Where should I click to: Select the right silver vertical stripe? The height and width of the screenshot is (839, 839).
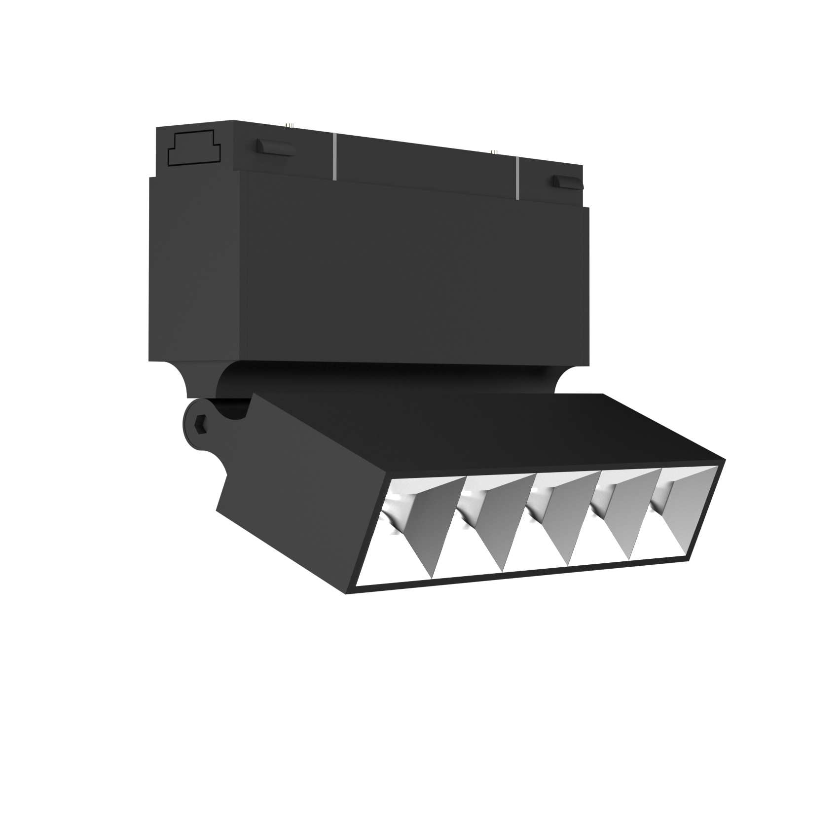pyautogui.click(x=518, y=178)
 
